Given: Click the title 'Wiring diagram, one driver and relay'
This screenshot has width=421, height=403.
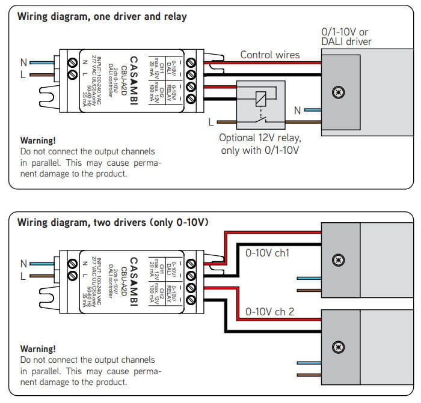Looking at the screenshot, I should click(x=102, y=17).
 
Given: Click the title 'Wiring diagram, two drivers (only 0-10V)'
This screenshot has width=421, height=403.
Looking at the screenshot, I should click(x=113, y=222).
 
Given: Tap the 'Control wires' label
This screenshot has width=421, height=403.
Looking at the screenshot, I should click(x=270, y=55).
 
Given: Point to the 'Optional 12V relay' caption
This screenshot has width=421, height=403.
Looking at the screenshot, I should click(x=260, y=144).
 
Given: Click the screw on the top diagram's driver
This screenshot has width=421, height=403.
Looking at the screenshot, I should click(x=339, y=92).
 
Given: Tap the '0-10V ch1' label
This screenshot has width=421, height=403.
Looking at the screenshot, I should click(x=267, y=253).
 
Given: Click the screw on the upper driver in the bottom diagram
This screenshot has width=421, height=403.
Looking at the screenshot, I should click(x=339, y=260).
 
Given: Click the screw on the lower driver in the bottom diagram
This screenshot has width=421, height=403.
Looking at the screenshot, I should click(x=339, y=346).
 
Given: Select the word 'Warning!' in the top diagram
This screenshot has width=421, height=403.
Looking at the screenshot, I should click(x=38, y=141).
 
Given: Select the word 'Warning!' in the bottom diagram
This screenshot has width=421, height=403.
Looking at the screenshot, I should click(x=38, y=348).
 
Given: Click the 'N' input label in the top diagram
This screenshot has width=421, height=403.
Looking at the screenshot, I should click(x=23, y=61).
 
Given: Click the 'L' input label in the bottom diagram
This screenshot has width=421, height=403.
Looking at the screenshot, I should click(x=23, y=276).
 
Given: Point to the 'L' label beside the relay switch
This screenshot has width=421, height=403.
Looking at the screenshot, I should click(x=211, y=122).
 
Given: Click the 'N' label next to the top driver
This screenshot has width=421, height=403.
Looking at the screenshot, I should click(x=297, y=110).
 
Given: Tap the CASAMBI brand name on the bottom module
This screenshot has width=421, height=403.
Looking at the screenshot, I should click(x=134, y=280).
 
